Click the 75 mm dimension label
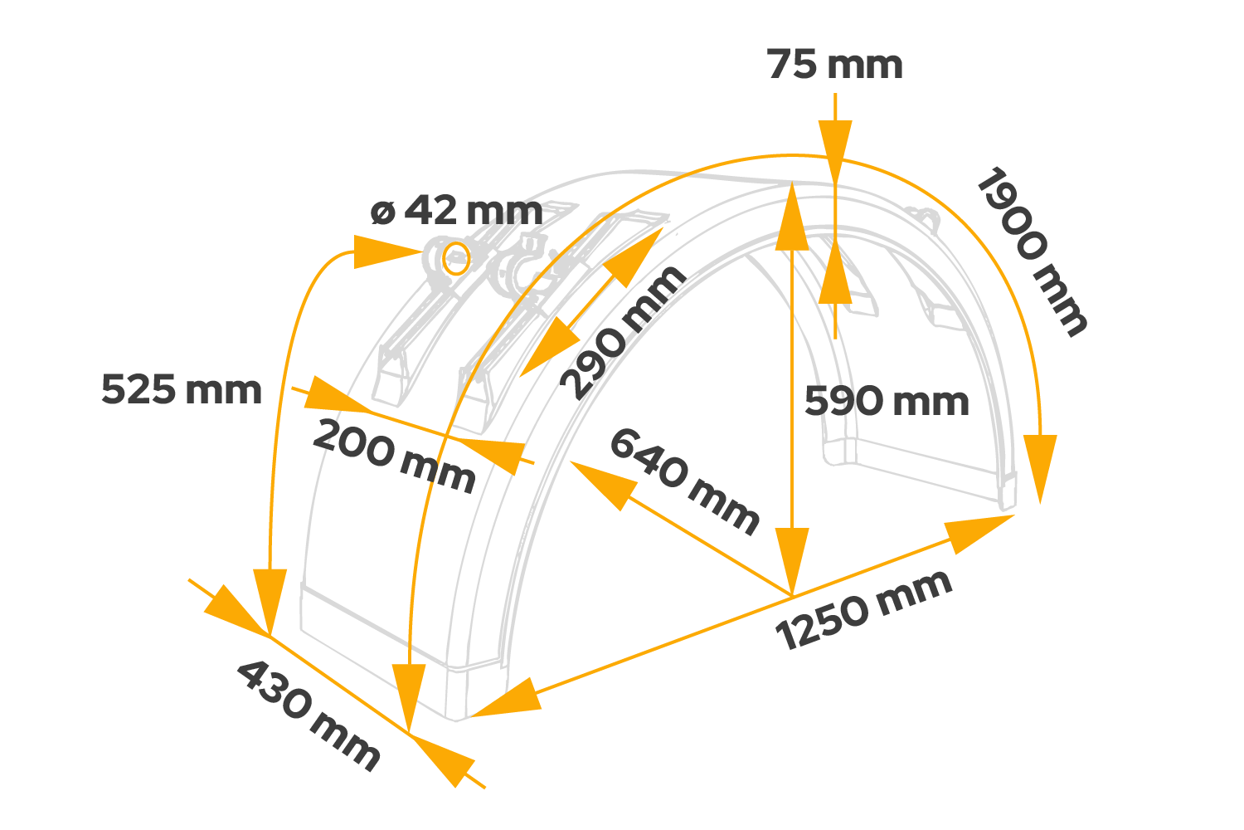[834, 66]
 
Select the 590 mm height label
[887, 402]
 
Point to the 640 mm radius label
[684, 481]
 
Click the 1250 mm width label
[864, 610]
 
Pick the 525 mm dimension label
[181, 389]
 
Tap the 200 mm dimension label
[394, 456]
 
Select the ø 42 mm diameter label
[456, 211]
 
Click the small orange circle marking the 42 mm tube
[455, 258]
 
